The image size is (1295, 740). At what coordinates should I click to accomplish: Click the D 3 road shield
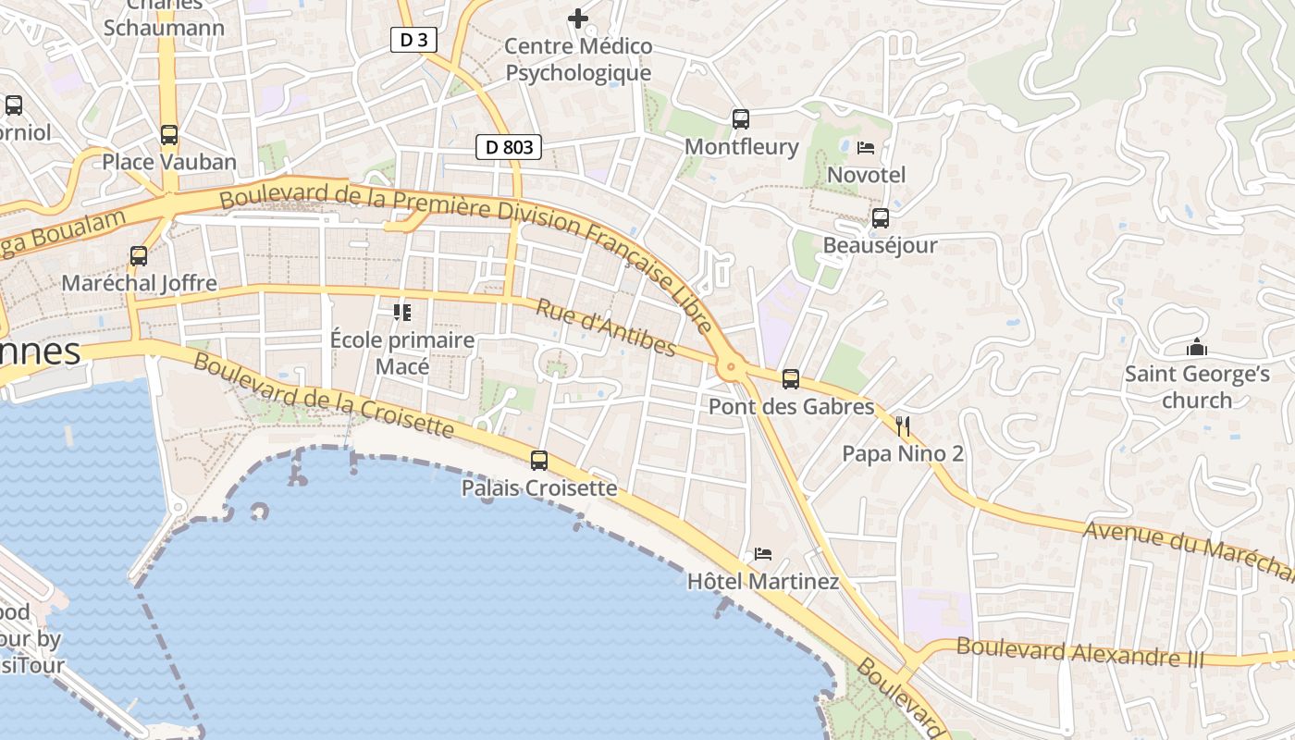413,40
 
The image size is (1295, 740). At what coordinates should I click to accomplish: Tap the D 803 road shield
508,146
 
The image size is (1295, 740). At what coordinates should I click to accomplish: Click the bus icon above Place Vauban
169,135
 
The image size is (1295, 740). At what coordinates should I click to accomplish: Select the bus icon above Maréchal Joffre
139,256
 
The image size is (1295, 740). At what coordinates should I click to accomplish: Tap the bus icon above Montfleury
741,119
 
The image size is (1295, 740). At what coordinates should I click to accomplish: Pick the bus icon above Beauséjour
881,218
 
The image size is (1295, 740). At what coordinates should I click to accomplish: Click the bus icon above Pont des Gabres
791,378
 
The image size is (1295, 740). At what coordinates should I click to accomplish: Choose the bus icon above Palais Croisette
539,460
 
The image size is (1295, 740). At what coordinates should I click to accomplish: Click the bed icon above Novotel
866,148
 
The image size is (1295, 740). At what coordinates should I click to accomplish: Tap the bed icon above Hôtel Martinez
763,554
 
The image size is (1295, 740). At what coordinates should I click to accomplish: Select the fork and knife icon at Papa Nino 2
903,426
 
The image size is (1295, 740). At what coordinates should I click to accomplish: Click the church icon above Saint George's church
1197,348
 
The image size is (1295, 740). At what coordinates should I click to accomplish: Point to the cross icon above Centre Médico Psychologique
578,18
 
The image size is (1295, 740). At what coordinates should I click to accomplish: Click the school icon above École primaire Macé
402,313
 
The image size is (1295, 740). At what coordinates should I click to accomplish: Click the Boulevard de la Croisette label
324,395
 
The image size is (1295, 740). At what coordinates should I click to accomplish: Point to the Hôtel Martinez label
763,582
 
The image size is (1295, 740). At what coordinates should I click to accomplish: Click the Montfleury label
741,147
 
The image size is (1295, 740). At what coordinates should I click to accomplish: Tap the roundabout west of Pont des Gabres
732,367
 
